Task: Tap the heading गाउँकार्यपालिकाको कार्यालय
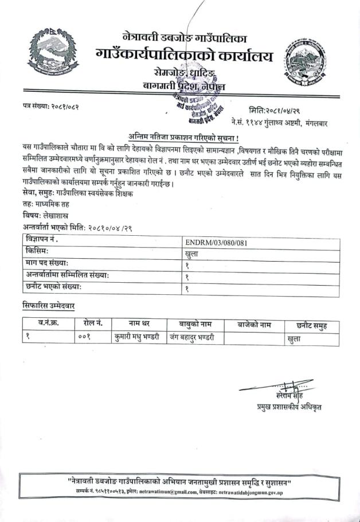coord(185,56)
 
